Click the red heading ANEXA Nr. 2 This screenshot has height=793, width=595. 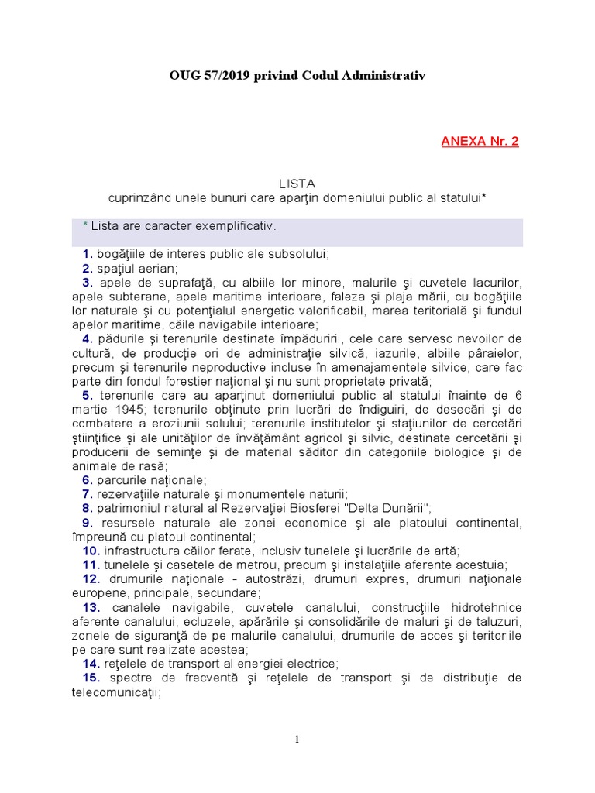480,141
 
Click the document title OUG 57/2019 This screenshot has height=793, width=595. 297,75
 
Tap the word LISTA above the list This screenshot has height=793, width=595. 297,184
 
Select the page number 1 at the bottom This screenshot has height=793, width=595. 297,740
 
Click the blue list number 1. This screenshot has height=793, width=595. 88,254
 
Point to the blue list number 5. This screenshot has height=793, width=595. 88,395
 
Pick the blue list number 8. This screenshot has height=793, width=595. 88,508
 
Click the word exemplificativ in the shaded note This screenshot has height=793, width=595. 232,226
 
